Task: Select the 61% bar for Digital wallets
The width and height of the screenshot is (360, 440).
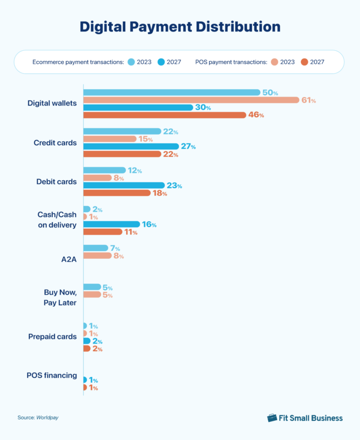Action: tap(191, 100)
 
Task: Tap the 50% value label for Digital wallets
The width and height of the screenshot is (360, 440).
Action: tap(270, 93)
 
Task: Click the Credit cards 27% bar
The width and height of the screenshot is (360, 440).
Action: tap(131, 146)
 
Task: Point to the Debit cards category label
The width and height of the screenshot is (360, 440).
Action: tap(56, 182)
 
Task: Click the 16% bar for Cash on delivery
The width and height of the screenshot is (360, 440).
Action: tap(111, 224)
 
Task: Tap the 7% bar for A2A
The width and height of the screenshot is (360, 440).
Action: tap(96, 248)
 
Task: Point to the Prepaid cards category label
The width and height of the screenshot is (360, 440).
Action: tap(53, 337)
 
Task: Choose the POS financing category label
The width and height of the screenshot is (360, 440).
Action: tap(52, 375)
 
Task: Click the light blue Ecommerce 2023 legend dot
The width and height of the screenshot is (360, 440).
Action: tap(131, 62)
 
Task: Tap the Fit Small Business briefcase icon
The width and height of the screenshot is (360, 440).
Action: tap(272, 418)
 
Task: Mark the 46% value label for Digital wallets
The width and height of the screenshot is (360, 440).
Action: tap(256, 115)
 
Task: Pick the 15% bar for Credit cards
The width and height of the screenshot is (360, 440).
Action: tap(109, 139)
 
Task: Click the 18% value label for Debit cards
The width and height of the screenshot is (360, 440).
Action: tap(159, 193)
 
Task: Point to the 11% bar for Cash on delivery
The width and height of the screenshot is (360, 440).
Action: tap(103, 232)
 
